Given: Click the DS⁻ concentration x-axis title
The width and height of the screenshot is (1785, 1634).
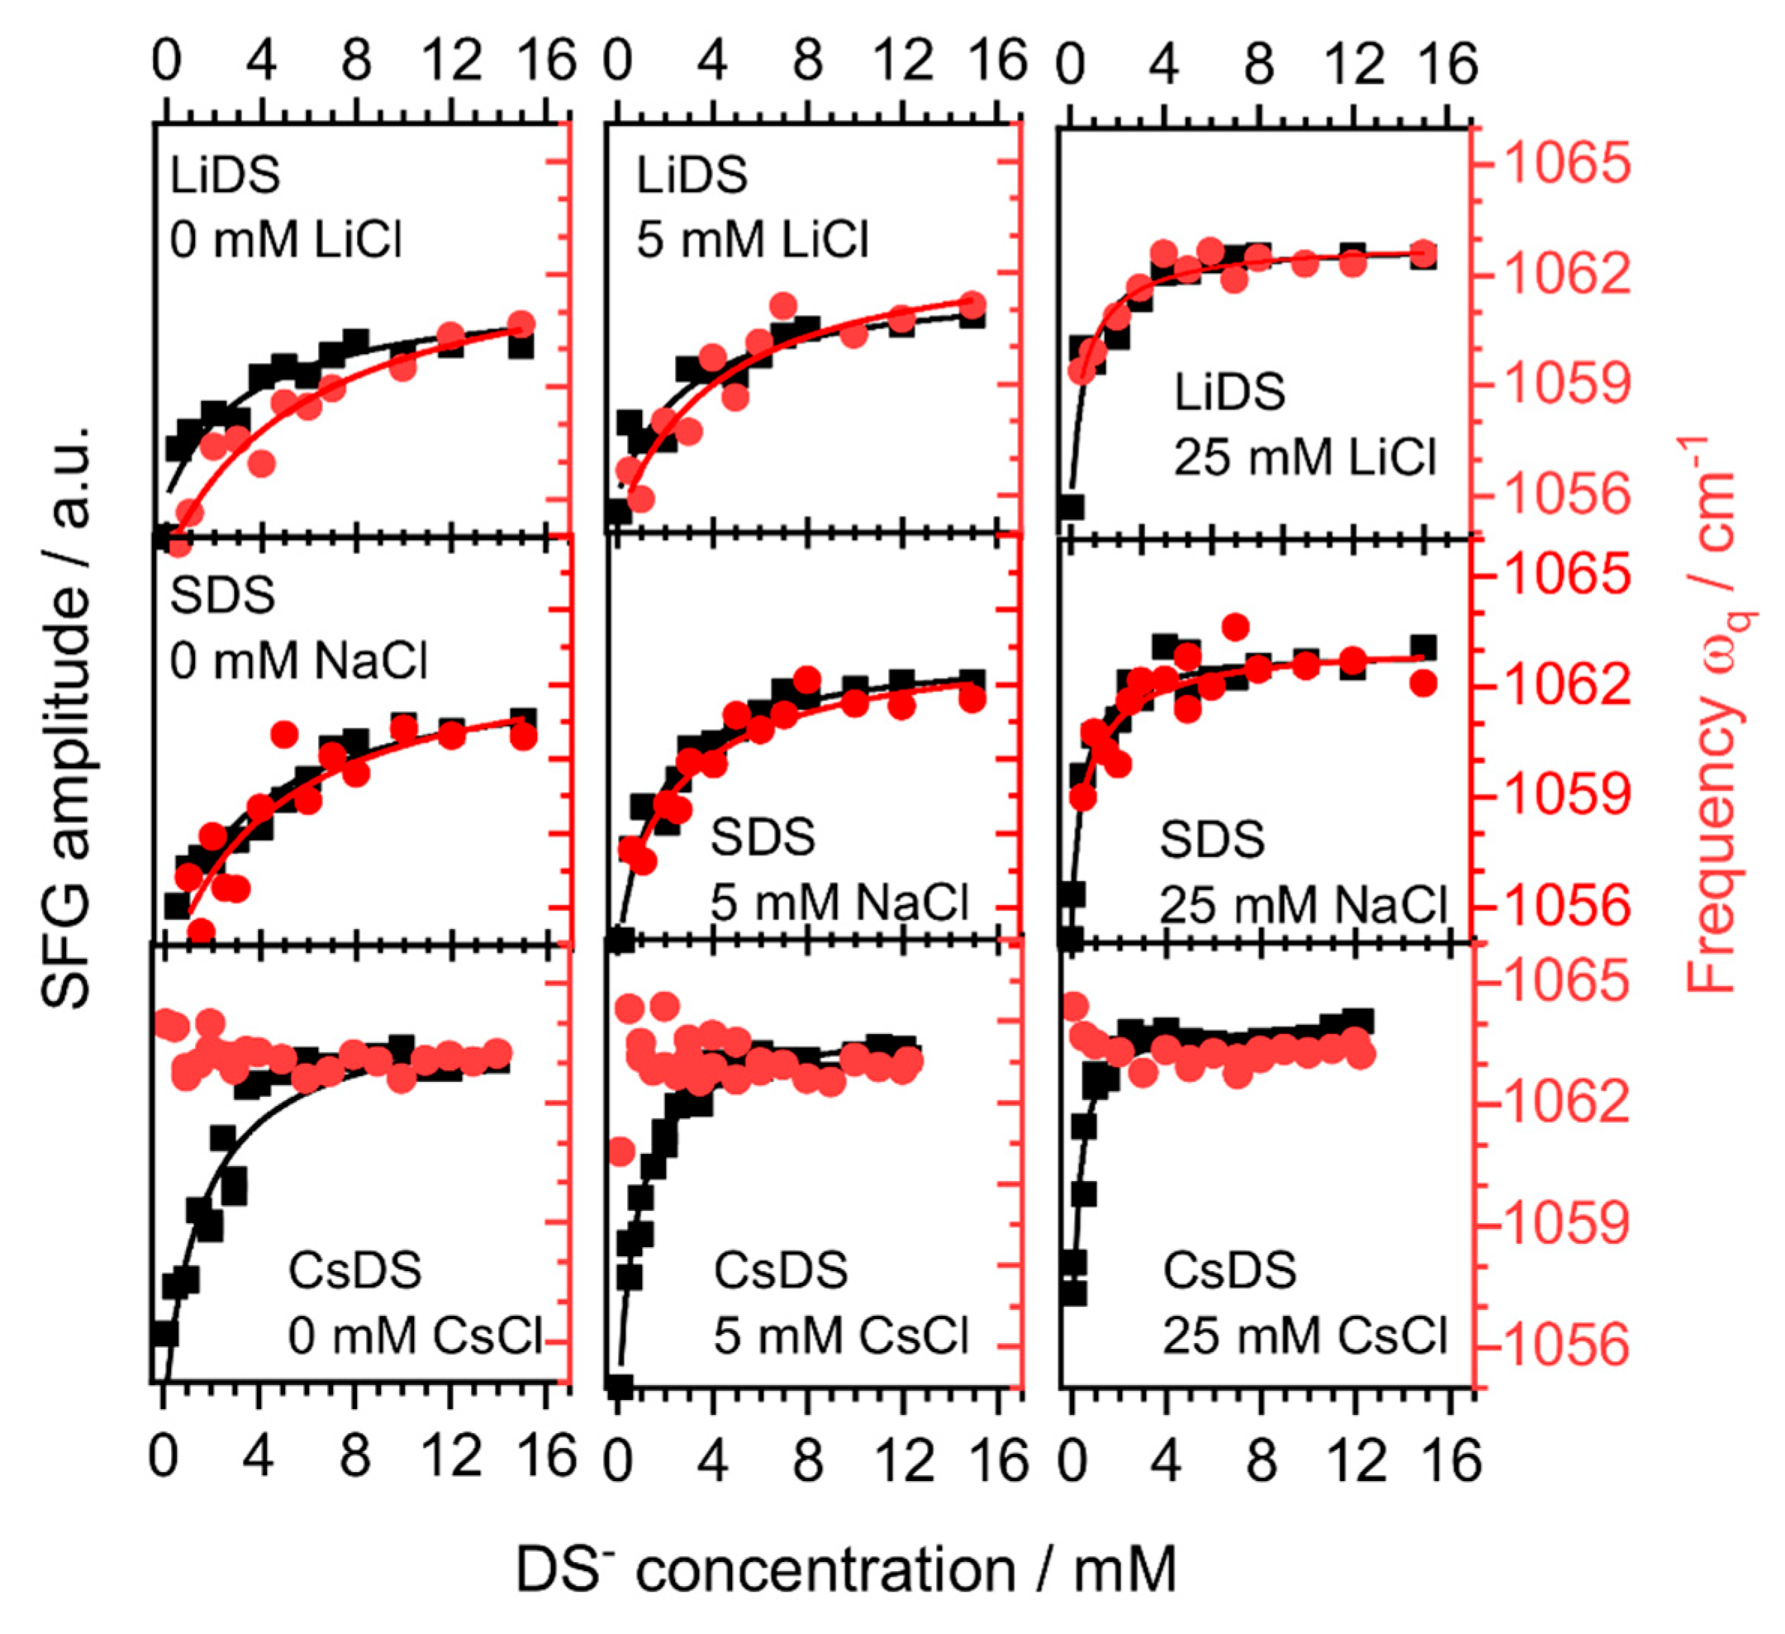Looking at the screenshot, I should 845,1569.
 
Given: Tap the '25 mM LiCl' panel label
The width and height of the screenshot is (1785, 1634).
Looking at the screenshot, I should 1304,458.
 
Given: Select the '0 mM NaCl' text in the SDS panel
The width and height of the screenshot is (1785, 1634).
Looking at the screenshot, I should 298,661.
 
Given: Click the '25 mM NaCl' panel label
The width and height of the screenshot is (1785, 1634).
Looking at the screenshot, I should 1303,904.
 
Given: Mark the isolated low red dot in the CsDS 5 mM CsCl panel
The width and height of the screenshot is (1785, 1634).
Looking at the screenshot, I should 622,1152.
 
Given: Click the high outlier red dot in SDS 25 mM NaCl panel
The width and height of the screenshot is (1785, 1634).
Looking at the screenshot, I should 1236,628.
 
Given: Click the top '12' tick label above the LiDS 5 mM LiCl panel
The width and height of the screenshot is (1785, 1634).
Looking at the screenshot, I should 903,62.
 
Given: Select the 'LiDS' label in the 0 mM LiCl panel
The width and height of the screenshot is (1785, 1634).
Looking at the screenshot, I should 225,175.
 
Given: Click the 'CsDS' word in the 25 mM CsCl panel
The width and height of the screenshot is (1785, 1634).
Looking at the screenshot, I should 1229,1270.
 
